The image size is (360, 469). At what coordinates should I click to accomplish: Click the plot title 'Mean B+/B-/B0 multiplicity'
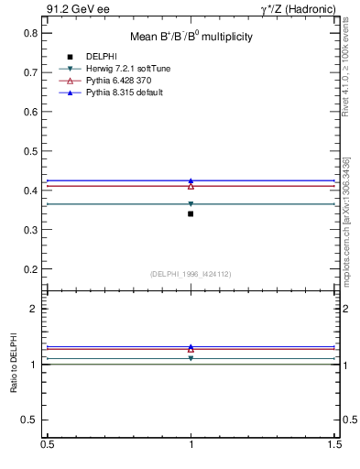(191, 37)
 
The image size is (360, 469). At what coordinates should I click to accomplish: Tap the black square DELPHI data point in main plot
(191, 213)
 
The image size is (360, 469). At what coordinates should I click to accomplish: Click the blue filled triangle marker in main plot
(191, 180)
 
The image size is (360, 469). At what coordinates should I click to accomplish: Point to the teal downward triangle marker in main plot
(191, 204)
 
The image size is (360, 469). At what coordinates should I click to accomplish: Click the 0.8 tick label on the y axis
(30, 33)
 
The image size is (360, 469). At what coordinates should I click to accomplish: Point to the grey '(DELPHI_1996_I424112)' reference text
(191, 274)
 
